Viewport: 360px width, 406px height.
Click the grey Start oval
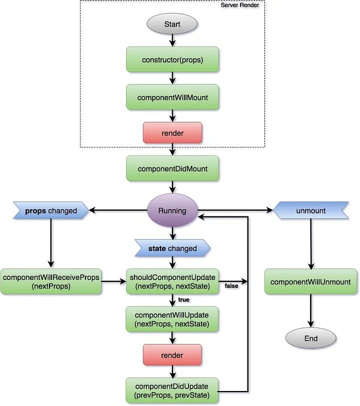[172, 23]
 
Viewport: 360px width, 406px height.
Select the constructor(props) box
[172, 60]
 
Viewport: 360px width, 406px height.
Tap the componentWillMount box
[172, 97]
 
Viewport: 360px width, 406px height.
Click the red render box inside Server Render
[172, 133]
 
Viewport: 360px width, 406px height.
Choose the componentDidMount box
[172, 168]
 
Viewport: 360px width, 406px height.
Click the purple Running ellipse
[172, 210]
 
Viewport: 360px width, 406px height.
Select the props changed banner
[51, 210]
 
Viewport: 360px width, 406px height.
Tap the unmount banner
[311, 210]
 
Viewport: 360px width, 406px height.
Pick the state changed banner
[172, 248]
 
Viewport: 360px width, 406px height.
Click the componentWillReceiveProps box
[51, 281]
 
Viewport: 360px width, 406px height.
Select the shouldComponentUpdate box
[172, 281]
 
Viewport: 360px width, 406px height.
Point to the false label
[231, 286]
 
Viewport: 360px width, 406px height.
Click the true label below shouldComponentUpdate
[183, 300]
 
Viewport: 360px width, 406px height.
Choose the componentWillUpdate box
[172, 319]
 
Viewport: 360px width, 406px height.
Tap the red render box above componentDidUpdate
[172, 355]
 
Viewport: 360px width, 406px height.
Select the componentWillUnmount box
[311, 282]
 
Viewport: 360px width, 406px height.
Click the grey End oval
[311, 338]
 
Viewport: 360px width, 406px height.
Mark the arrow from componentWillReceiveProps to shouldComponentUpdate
[114, 281]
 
